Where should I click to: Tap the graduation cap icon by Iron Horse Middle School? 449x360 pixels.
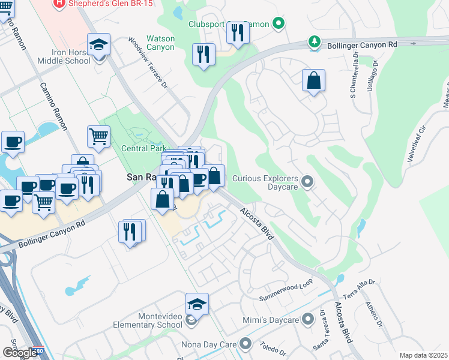98,45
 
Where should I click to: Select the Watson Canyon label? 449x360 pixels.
161,43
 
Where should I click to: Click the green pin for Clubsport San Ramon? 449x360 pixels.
277,25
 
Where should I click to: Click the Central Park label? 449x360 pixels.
143,148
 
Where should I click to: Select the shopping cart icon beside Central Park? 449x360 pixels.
98,136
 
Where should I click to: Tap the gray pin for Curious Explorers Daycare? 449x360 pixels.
308,181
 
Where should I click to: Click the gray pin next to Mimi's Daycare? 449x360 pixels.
308,320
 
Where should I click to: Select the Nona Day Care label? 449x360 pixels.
209,345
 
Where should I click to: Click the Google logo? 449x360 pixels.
19,353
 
